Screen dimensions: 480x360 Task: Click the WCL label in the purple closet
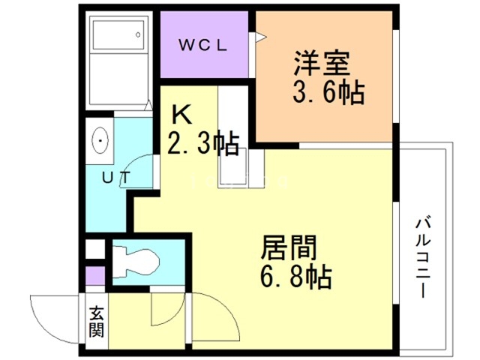(x=202, y=46)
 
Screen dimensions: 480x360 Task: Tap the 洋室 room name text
(x=322, y=63)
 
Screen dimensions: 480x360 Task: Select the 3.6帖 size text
(x=328, y=91)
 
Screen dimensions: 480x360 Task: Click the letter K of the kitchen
(x=181, y=114)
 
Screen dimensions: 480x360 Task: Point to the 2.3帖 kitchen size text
(x=203, y=143)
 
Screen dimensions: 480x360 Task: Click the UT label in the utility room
(x=116, y=178)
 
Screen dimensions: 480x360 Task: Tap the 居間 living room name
(x=289, y=247)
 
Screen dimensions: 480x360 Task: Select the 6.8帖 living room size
(x=296, y=277)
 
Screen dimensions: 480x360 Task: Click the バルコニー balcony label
(x=423, y=257)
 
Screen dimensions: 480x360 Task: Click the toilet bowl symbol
(x=136, y=262)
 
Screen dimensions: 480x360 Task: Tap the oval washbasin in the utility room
(x=100, y=141)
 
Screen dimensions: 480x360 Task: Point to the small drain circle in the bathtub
(x=138, y=35)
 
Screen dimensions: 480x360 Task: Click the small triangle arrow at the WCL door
(x=261, y=37)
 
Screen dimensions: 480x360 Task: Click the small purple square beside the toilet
(x=95, y=275)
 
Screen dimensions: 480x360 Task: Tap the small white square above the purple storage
(x=95, y=249)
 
